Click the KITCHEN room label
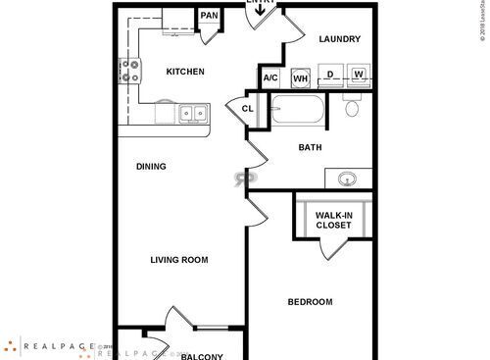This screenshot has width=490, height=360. click(x=184, y=72)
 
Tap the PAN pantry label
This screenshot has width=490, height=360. click(x=209, y=16)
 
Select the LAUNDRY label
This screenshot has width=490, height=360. click(x=339, y=39)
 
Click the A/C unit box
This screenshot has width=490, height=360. click(x=271, y=78)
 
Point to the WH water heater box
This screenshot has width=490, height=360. click(x=301, y=78)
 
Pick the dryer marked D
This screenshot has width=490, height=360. click(x=332, y=75)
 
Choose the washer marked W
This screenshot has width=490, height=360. click(x=359, y=75)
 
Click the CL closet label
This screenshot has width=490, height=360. click(x=247, y=109)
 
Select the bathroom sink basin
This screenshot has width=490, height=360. click(x=347, y=180)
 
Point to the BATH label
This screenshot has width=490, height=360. click(x=311, y=148)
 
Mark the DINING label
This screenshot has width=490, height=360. click(x=151, y=167)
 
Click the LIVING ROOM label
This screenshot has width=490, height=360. click(x=178, y=260)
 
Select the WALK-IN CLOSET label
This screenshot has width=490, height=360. click(x=333, y=220)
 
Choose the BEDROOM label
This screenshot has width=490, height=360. click(x=310, y=302)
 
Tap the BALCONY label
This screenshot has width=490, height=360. click(x=202, y=356)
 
